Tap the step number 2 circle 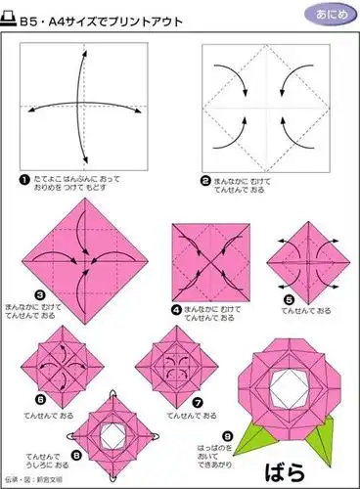206,180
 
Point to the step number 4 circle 176,308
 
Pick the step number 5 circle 290,299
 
